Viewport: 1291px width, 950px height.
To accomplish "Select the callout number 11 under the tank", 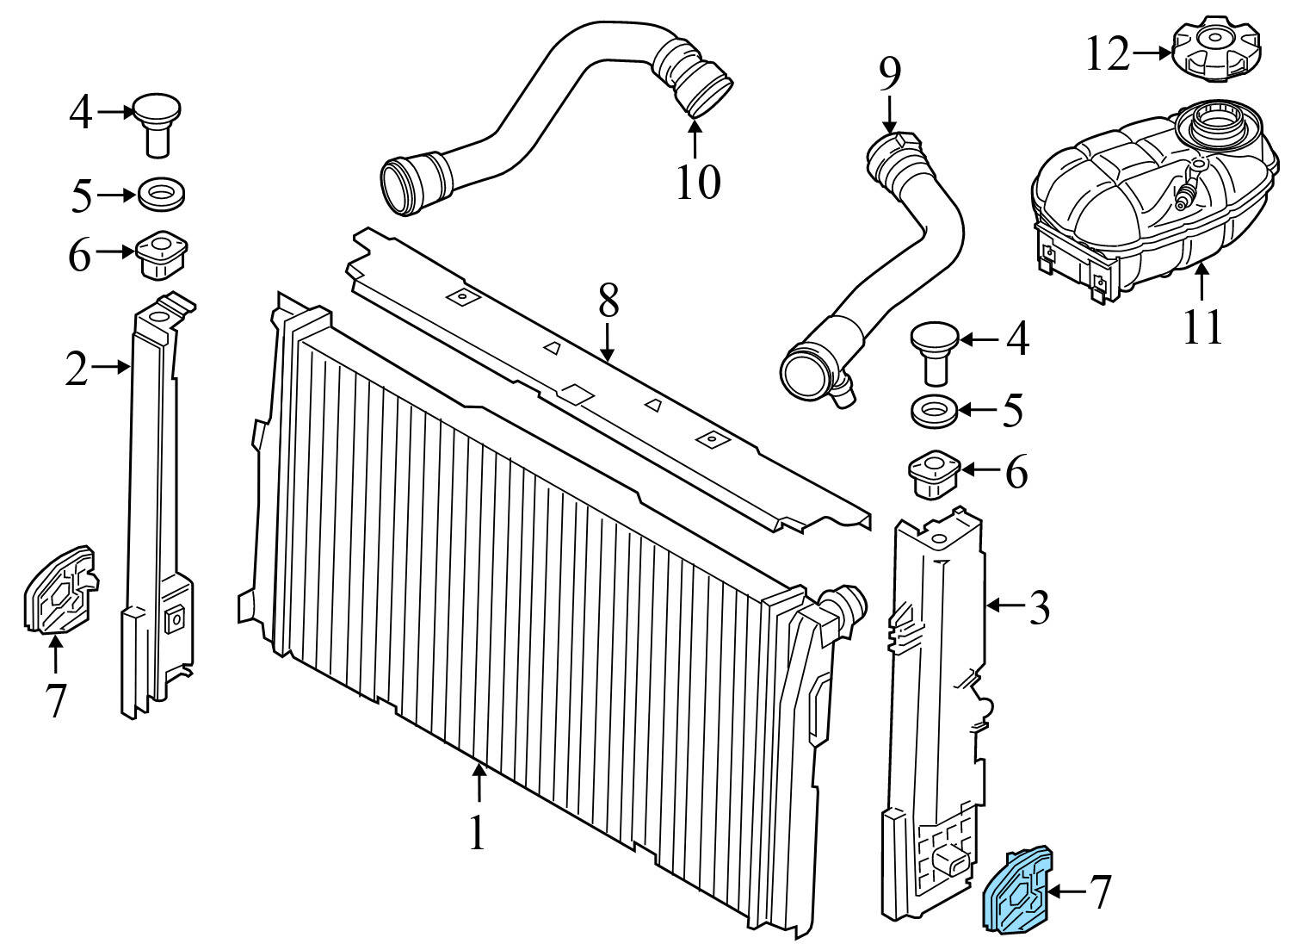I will (1201, 326).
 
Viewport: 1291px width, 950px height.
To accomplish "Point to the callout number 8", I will (608, 301).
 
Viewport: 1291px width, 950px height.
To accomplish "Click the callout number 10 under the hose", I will (696, 182).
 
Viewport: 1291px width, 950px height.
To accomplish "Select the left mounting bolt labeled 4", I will (157, 123).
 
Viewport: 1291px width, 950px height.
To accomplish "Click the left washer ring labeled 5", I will (161, 194).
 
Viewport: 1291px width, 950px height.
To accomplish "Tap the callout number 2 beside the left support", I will (77, 370).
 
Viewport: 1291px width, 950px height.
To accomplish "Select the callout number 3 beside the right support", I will (1039, 608).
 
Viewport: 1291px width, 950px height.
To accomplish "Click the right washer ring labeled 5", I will (934, 409).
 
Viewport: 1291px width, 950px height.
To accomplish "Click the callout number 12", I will (1106, 54).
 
